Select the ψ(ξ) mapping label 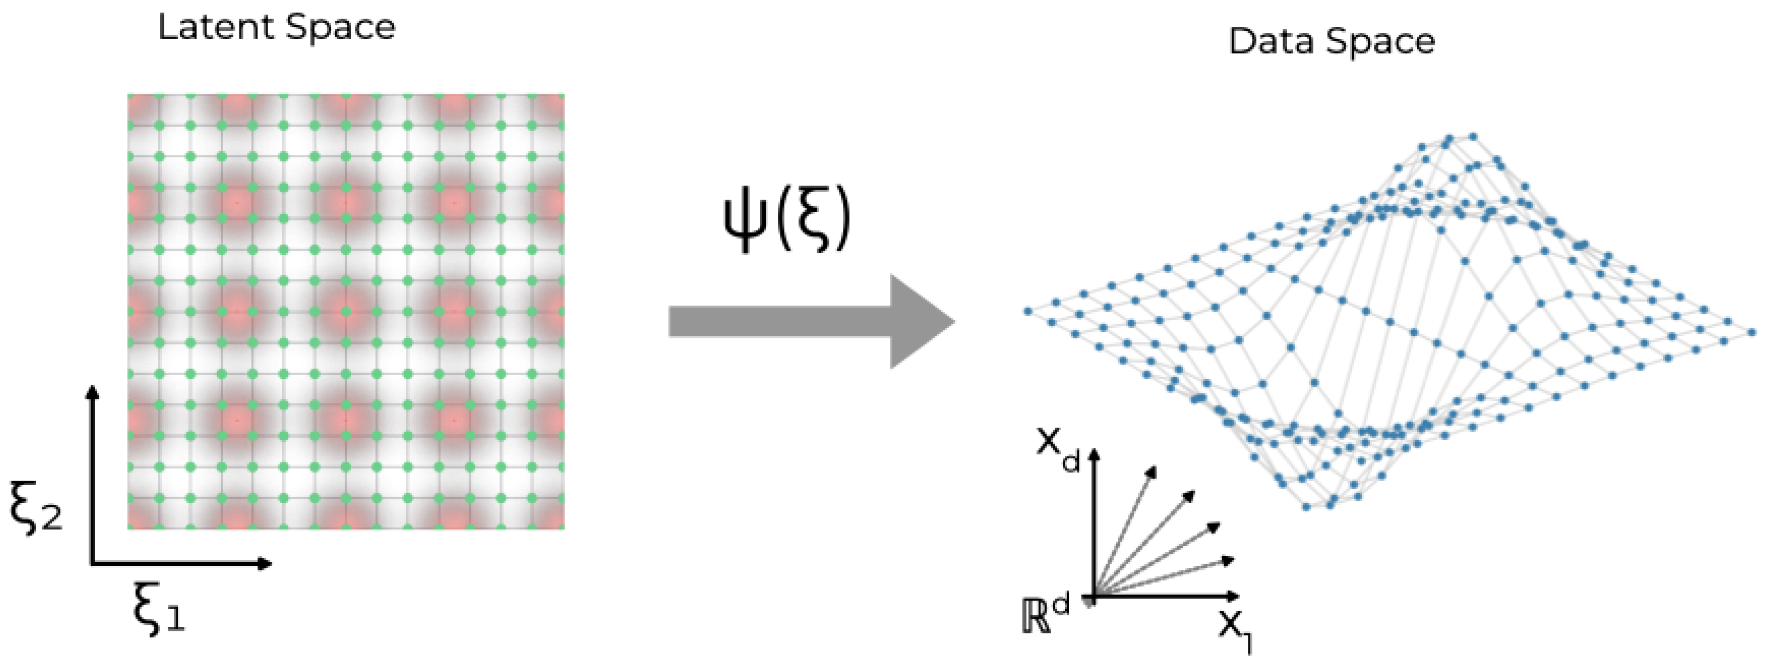click(x=787, y=220)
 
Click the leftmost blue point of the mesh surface click(x=1028, y=311)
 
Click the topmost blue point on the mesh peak click(x=1472, y=137)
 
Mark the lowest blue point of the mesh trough click(x=1306, y=508)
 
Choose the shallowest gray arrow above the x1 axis click(x=1167, y=577)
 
